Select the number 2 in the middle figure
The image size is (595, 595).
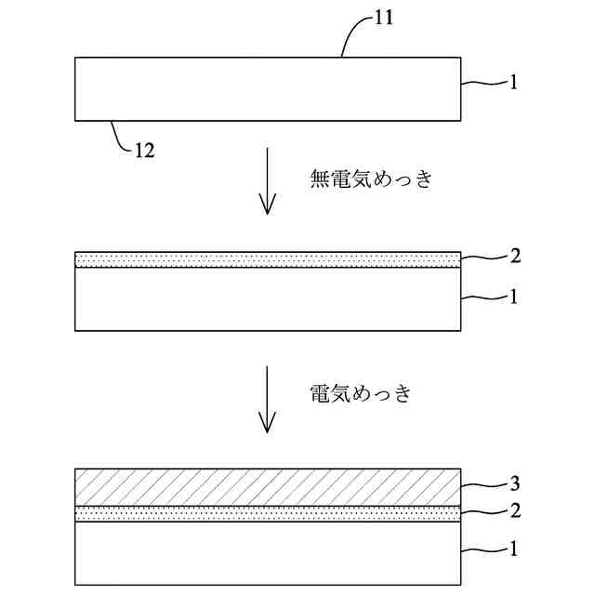516,256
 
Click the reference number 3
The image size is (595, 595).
516,483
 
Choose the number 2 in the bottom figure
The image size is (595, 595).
516,509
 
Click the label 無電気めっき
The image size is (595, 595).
370,179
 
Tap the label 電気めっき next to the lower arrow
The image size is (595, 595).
359,393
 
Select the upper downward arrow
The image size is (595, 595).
268,180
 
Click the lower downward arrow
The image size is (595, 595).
268,399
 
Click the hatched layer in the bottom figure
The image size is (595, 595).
268,487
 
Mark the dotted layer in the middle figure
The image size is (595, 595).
268,260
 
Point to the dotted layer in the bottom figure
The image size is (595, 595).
268,513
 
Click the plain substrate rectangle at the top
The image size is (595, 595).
268,88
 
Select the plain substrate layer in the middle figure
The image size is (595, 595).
268,298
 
